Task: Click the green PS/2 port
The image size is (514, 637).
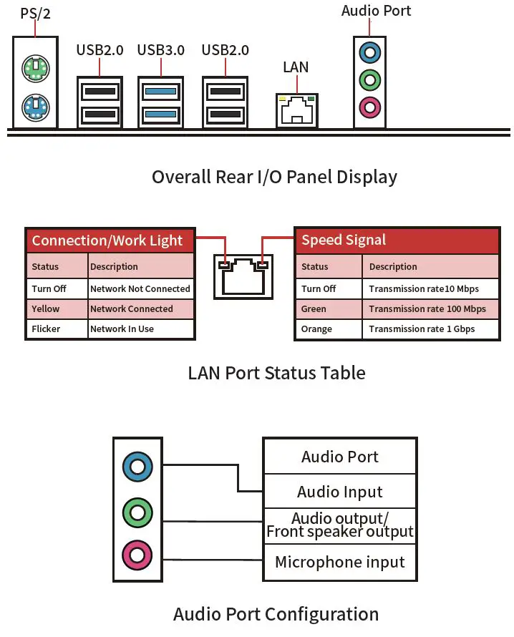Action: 36,68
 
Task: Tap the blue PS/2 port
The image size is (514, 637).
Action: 36,107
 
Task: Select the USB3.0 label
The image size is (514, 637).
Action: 161,50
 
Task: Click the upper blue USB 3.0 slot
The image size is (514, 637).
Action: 161,92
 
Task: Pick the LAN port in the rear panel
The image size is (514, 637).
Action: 297,110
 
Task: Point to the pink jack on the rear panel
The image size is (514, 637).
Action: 370,107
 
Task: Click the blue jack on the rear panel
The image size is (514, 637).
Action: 370,52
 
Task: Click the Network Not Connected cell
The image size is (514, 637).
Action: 140,289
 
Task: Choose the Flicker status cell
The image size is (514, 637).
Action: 57,329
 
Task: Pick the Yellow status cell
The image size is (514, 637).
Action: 57,309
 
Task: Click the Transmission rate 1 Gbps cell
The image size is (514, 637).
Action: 430,329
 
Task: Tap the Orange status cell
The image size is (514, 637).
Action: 329,329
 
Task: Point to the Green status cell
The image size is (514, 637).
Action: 329,309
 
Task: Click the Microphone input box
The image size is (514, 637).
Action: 340,563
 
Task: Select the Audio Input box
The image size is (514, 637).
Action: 340,492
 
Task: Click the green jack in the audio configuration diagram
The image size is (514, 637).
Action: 137,512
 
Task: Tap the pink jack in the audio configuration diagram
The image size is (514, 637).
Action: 137,555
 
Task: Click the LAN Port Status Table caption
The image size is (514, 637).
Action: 277,373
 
